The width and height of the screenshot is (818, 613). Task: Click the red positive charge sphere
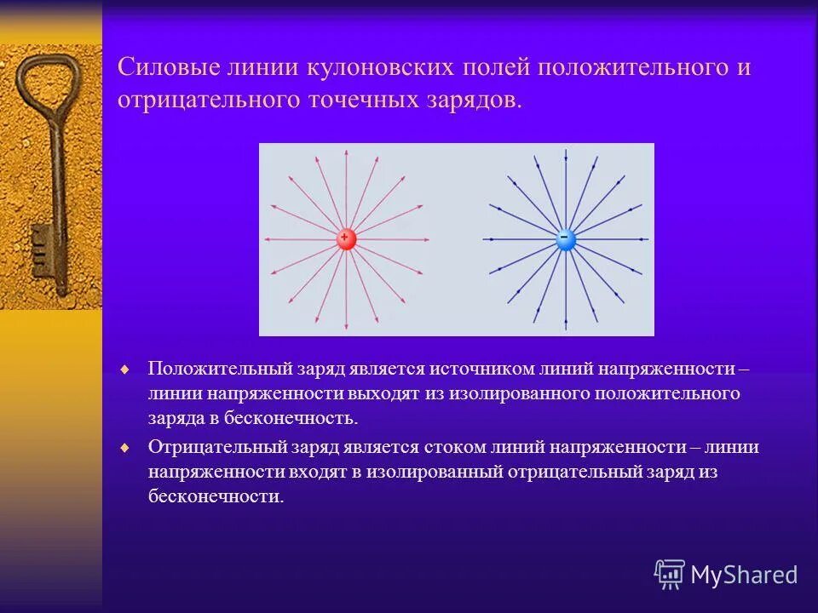pos(346,239)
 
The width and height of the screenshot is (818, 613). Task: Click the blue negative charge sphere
pos(566,239)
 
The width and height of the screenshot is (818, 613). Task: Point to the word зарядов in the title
pos(475,100)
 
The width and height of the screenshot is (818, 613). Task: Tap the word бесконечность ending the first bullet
pos(295,418)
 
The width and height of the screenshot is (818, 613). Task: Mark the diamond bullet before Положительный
pos(125,370)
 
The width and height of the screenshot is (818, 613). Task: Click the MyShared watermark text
pos(744,575)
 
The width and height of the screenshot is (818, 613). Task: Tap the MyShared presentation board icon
pos(670,575)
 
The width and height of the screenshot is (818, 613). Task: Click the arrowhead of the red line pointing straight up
pos(346,153)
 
